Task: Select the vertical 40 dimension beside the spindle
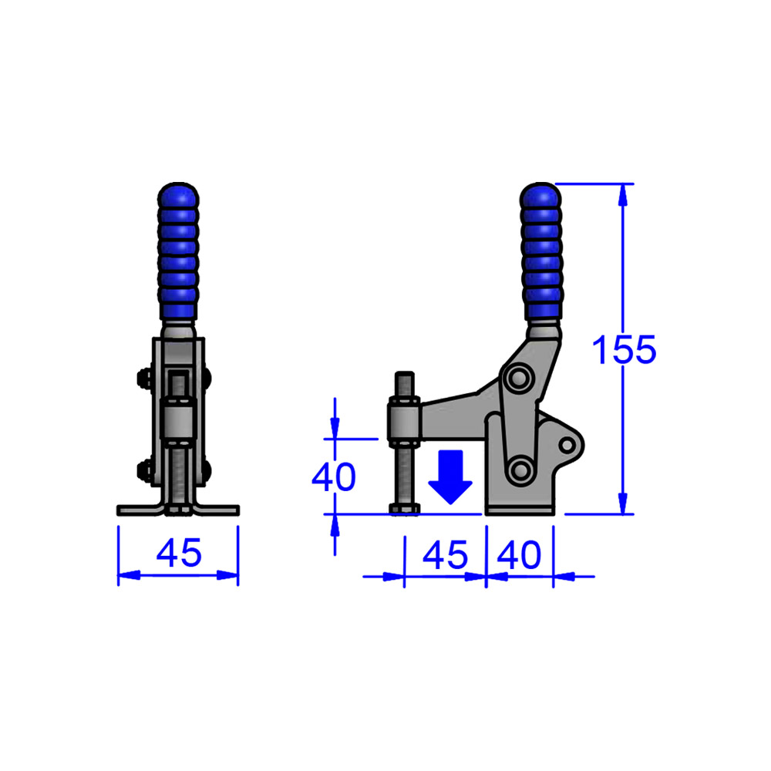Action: (333, 477)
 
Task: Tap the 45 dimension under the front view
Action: (179, 553)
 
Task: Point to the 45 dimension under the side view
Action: (446, 554)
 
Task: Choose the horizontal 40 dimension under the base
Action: (520, 554)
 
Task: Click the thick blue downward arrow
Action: (450, 478)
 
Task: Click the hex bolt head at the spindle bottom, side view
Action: (405, 508)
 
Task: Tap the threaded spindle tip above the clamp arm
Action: (405, 384)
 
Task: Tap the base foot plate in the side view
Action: (519, 510)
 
